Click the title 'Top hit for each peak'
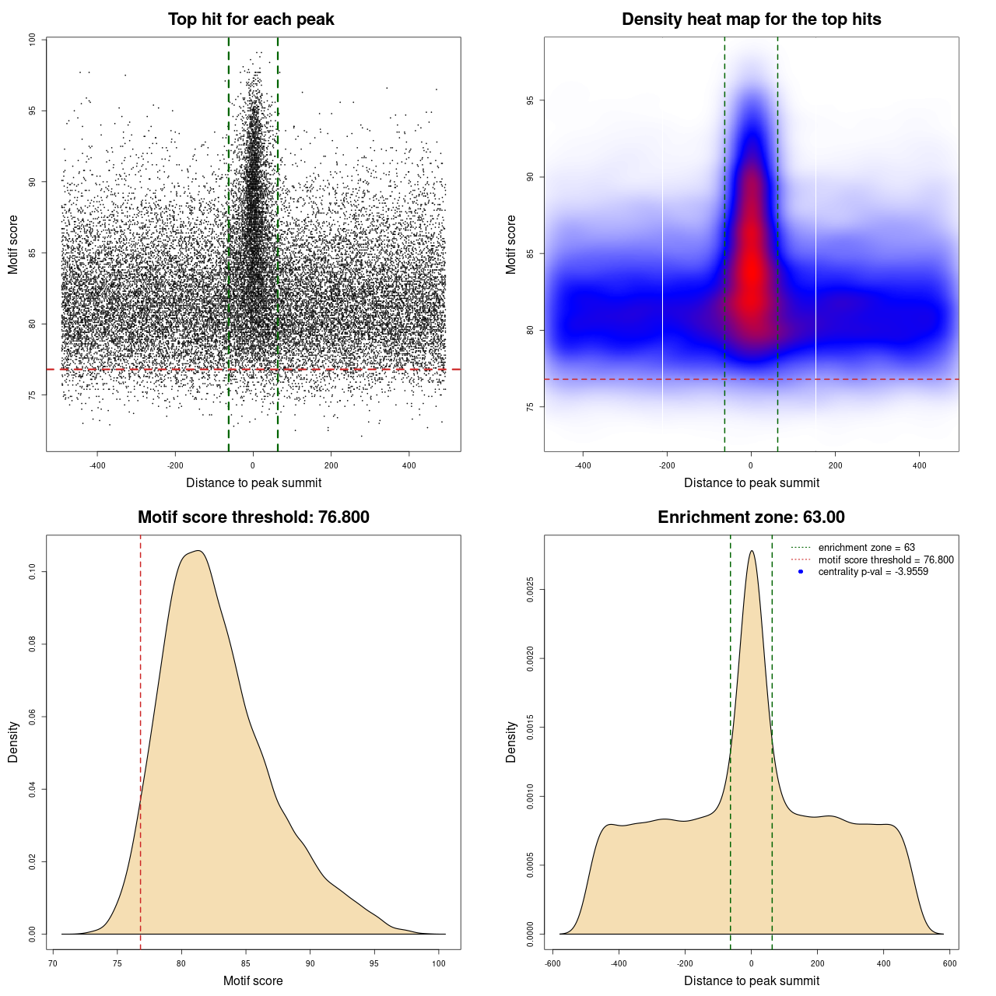coord(251,19)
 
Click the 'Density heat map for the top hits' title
coord(751,19)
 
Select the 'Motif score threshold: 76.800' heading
coord(253,517)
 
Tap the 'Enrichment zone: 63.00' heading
coord(751,517)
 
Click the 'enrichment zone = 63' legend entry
coord(866,548)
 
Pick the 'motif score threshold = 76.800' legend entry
coord(886,559)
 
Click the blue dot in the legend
coord(801,572)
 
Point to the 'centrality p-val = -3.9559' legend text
coord(873,572)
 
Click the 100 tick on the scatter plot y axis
coord(32,40)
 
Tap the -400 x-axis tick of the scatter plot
coord(97,465)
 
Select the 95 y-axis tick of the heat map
coord(530,101)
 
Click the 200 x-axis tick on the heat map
coord(835,465)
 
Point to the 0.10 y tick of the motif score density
coord(32,572)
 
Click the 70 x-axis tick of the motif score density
coord(53,963)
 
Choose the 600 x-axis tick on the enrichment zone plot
coord(949,963)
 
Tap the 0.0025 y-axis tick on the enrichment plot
coord(530,590)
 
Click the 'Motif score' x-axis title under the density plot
coord(253,980)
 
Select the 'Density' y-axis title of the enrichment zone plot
coord(511,742)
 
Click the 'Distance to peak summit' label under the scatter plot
coord(254,482)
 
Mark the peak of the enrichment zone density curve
coord(751,551)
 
